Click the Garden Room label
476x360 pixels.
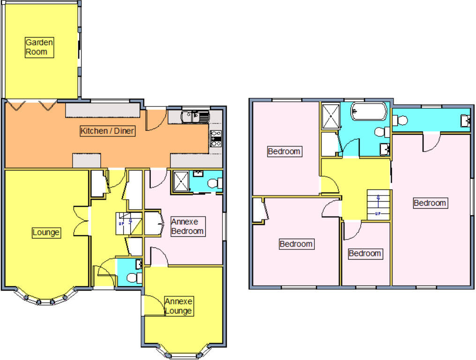pyautogui.click(x=39, y=47)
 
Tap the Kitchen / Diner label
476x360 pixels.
pyautogui.click(x=108, y=131)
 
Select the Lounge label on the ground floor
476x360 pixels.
pyautogui.click(x=46, y=232)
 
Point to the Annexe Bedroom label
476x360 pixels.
pyautogui.click(x=187, y=226)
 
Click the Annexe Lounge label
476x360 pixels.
pyautogui.click(x=178, y=306)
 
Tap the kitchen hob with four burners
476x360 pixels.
pyautogui.click(x=216, y=138)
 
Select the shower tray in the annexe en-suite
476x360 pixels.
pyautogui.click(x=180, y=182)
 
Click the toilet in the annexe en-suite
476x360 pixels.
pyautogui.click(x=215, y=182)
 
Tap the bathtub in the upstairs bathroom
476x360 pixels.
pyautogui.click(x=369, y=112)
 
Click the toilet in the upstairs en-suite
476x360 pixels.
pyautogui.click(x=401, y=121)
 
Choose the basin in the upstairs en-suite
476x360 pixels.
pyautogui.click(x=465, y=120)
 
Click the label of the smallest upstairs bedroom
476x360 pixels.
pyautogui.click(x=365, y=254)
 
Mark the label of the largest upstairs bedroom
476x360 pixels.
pyautogui.click(x=430, y=203)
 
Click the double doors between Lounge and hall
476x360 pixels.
pyautogui.click(x=81, y=221)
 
